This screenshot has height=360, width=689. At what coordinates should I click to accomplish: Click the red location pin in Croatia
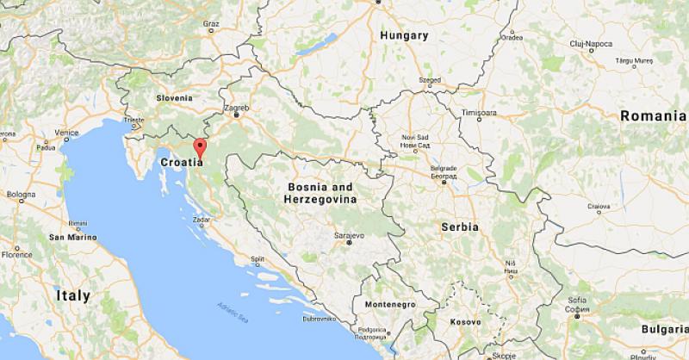pos(200,146)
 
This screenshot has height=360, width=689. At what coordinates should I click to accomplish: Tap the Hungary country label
pos(403,35)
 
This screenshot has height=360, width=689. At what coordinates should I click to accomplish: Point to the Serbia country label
pos(459,226)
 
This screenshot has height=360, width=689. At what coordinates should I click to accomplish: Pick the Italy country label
pos(72,295)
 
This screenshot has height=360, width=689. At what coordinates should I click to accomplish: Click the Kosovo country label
pos(465,322)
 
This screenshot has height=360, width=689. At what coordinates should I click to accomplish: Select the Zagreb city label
pos(236,108)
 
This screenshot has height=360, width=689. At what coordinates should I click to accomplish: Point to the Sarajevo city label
pos(349,234)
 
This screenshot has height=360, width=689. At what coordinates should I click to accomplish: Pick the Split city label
pos(257,258)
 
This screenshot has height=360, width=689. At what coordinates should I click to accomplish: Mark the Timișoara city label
pos(479,113)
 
